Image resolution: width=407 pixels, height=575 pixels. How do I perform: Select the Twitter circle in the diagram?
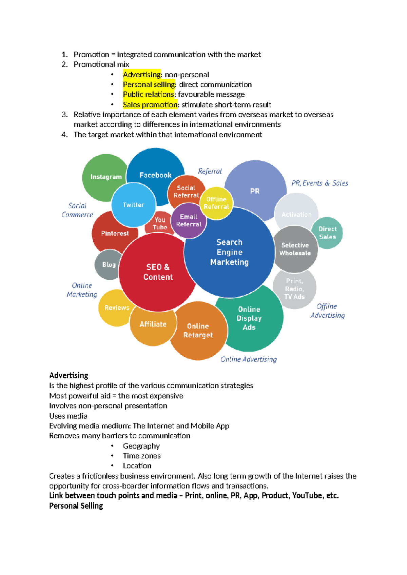(x=134, y=205)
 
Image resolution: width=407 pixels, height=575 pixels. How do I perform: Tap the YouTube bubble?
(x=159, y=224)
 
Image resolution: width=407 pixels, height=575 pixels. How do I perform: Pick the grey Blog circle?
(x=109, y=265)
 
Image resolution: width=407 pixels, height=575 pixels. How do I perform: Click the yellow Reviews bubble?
(x=116, y=308)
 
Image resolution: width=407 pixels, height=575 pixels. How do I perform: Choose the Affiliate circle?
(x=153, y=324)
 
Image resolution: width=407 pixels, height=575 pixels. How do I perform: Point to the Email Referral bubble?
(x=189, y=220)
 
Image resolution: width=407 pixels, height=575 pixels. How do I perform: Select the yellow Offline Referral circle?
(x=216, y=203)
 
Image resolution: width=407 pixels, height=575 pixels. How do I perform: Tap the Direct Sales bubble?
(x=327, y=233)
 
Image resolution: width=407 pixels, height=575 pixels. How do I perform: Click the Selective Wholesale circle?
(x=295, y=249)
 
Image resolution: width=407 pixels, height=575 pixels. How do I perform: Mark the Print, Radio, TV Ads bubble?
(x=294, y=289)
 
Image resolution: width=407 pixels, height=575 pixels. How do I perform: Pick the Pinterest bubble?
(x=115, y=233)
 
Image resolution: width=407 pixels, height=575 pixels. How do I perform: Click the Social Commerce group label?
(x=77, y=210)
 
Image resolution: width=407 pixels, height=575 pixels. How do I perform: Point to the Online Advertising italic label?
(x=249, y=359)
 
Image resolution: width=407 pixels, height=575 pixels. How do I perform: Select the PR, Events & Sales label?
(x=319, y=183)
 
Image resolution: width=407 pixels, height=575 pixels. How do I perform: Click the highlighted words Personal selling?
(x=149, y=84)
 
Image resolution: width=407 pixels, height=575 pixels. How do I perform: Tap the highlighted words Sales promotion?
(x=150, y=104)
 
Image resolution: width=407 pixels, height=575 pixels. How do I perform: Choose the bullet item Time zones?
(x=142, y=456)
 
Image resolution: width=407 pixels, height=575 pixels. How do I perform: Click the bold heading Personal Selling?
(x=76, y=506)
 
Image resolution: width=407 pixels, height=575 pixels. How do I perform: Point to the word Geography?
(x=141, y=446)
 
